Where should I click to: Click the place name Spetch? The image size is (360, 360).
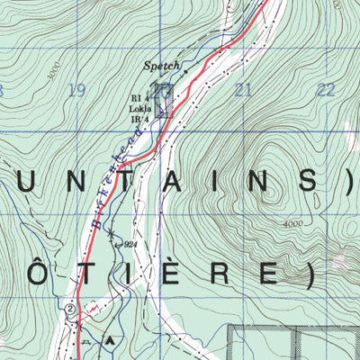(x=163, y=66)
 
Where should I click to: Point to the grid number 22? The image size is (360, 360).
(x=326, y=89)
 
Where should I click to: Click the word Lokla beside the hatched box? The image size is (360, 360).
(x=139, y=107)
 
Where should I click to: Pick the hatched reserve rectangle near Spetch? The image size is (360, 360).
(x=162, y=101)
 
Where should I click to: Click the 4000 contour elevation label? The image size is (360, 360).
(x=292, y=224)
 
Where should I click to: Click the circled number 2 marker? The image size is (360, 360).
(x=70, y=308)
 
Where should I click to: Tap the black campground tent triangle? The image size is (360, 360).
(x=110, y=340)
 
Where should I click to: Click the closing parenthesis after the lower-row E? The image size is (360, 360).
(x=310, y=274)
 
